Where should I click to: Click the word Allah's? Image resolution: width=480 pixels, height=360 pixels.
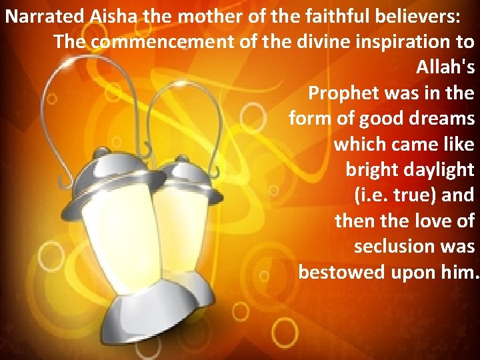[445, 67]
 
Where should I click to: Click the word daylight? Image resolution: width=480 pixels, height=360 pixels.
[439, 170]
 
